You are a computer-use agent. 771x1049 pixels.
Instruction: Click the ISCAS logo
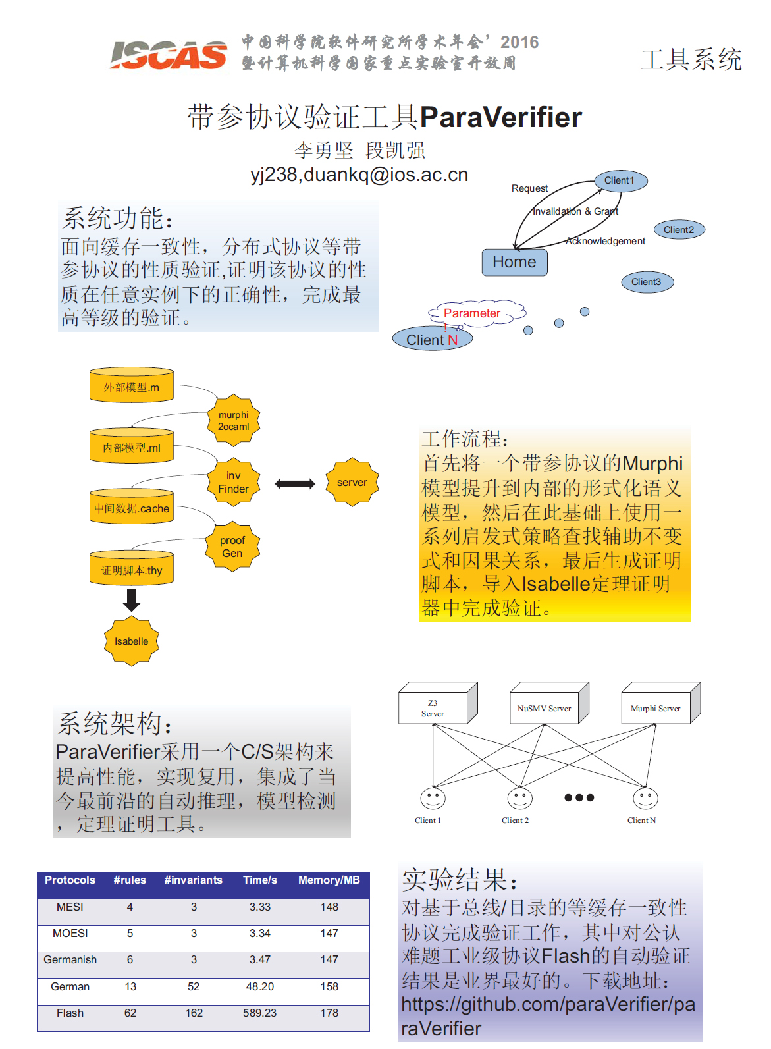169,55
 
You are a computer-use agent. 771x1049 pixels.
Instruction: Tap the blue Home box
514,262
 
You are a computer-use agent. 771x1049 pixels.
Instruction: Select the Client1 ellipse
620,180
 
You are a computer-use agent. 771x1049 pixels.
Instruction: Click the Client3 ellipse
647,282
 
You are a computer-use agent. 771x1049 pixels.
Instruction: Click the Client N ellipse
432,340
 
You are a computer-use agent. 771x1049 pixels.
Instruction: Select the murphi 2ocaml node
234,421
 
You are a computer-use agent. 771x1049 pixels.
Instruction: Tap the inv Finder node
234,482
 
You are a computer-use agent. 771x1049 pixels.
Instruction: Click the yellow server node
352,482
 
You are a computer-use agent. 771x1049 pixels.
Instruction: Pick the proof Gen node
232,547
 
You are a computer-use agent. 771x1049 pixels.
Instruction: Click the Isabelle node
132,641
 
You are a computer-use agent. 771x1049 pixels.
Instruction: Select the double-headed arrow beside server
295,484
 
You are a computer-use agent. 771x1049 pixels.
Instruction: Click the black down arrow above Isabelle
132,600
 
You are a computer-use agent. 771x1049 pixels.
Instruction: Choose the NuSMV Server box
545,708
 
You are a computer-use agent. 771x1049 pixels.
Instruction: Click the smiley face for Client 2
519,798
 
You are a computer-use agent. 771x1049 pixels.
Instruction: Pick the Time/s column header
260,880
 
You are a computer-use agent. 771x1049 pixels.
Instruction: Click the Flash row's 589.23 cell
260,1013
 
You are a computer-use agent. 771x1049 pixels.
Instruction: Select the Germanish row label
70,960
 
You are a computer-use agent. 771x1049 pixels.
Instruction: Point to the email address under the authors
359,175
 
